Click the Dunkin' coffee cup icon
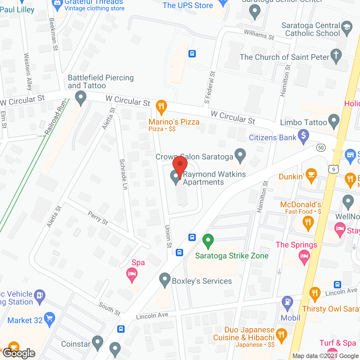click(x=311, y=175)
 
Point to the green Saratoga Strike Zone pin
click(x=208, y=241)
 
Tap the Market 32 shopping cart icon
click(x=49, y=319)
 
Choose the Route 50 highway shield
click(x=321, y=147)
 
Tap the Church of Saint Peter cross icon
click(x=336, y=55)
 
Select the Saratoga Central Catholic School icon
click(x=347, y=28)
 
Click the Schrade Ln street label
click(x=123, y=174)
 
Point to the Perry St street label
click(x=98, y=218)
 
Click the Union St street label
click(x=168, y=236)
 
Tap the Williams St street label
click(x=259, y=35)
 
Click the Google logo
click(x=19, y=353)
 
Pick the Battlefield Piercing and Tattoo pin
click(x=81, y=98)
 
